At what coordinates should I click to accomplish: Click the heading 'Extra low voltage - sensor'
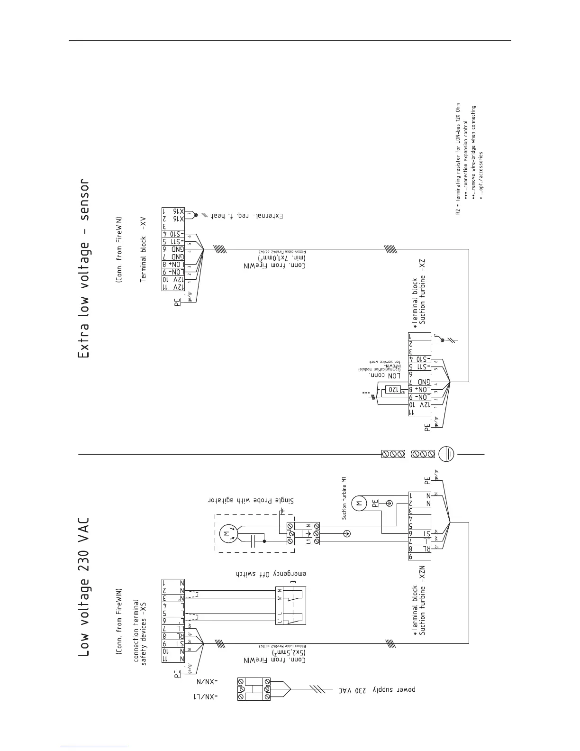pos(83,268)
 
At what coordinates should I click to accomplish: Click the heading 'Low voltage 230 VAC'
pos(83,586)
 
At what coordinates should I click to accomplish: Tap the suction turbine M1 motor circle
pos(359,503)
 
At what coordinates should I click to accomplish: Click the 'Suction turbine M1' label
pos(345,498)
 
